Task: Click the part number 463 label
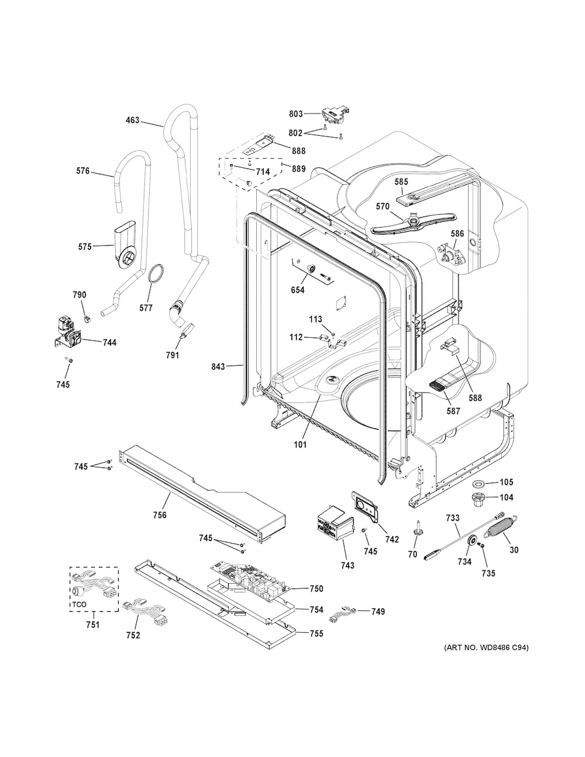[x=132, y=121]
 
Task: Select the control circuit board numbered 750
[x=250, y=582]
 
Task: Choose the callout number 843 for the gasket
[x=218, y=367]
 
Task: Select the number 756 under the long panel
[x=159, y=515]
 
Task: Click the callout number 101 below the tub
[x=300, y=445]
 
